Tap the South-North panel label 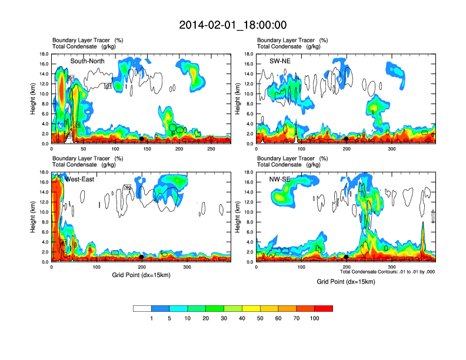pos(88,61)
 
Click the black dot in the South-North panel pos(142,139)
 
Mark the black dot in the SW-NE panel pos(346,139)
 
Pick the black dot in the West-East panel pos(142,257)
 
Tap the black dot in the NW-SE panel pos(346,257)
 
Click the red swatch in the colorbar pos(324,308)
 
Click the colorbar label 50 pos(260,318)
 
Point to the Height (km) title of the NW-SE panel pos(237,217)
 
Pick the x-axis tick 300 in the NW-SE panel pos(391,268)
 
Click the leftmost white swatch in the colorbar pos(142,308)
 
